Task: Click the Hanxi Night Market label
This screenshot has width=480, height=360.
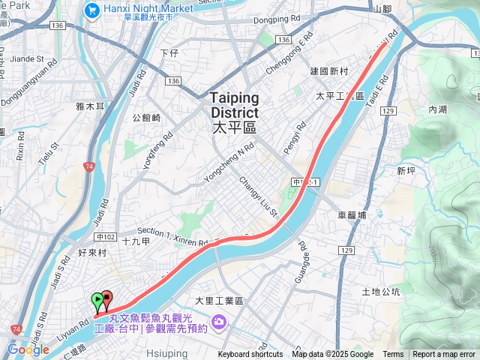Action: point(148,9)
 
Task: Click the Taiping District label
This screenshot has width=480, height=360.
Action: point(234,112)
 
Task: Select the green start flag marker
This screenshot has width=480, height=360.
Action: point(97,301)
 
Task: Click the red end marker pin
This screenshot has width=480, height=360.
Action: point(106,299)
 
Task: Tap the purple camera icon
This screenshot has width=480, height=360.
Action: point(218,322)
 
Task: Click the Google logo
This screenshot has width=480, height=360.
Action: point(28,349)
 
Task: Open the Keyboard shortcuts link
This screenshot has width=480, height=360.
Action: point(250,355)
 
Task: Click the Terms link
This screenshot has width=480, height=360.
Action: point(393,355)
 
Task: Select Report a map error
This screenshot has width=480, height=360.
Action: point(445,355)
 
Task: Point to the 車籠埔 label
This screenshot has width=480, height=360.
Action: point(352,214)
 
